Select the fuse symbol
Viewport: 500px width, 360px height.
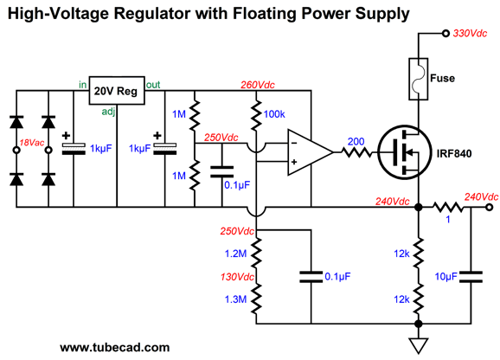419,79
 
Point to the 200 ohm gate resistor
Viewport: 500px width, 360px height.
356,152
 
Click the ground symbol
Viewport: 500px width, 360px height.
419,346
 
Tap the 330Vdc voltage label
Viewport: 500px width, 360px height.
470,33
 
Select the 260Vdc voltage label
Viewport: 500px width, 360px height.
257,85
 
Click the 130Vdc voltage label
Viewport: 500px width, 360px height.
237,277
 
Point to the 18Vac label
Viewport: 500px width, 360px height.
31,143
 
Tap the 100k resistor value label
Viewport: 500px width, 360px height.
274,114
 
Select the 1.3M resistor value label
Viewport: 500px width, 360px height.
235,299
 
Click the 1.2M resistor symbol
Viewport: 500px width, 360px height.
256,254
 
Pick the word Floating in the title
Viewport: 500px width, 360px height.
265,14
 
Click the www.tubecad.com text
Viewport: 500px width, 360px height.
115,347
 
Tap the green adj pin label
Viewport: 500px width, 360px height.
108,112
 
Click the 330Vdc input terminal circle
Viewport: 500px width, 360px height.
446,33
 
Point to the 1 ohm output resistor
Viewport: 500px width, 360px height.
448,208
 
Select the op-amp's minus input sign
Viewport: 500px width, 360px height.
294,143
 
